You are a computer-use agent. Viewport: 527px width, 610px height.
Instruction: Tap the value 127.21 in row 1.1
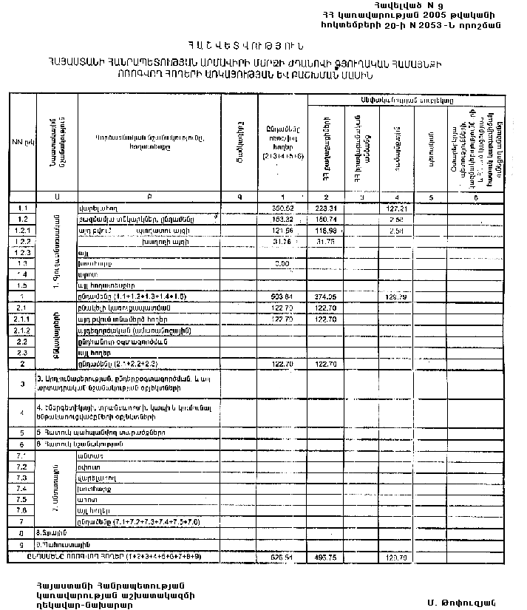396,209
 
